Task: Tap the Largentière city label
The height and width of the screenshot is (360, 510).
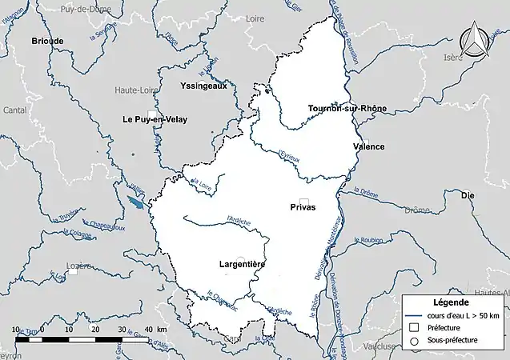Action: pos(242,263)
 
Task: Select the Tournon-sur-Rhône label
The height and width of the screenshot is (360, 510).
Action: pos(347,108)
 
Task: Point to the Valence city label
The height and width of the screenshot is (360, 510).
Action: pos(368,146)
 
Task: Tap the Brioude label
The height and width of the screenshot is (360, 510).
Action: pos(47,40)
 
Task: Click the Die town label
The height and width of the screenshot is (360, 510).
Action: pos(468,194)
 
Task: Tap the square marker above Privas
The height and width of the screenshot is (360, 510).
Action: pos(303,202)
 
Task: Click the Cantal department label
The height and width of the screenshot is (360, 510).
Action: pos(14,110)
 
